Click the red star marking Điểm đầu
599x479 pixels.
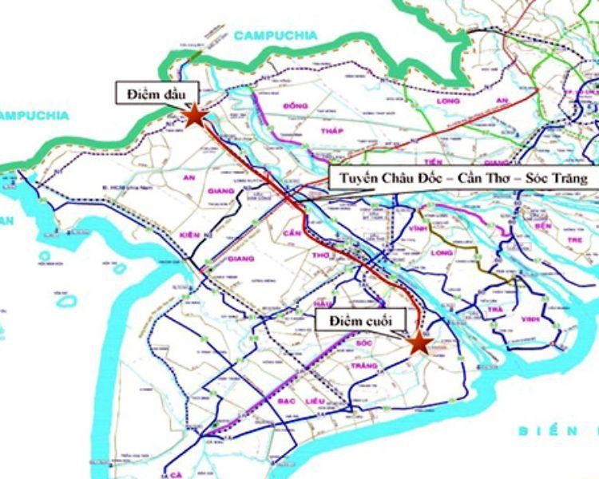click(195, 117)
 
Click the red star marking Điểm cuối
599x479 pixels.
click(419, 342)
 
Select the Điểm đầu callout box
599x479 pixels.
click(151, 94)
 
